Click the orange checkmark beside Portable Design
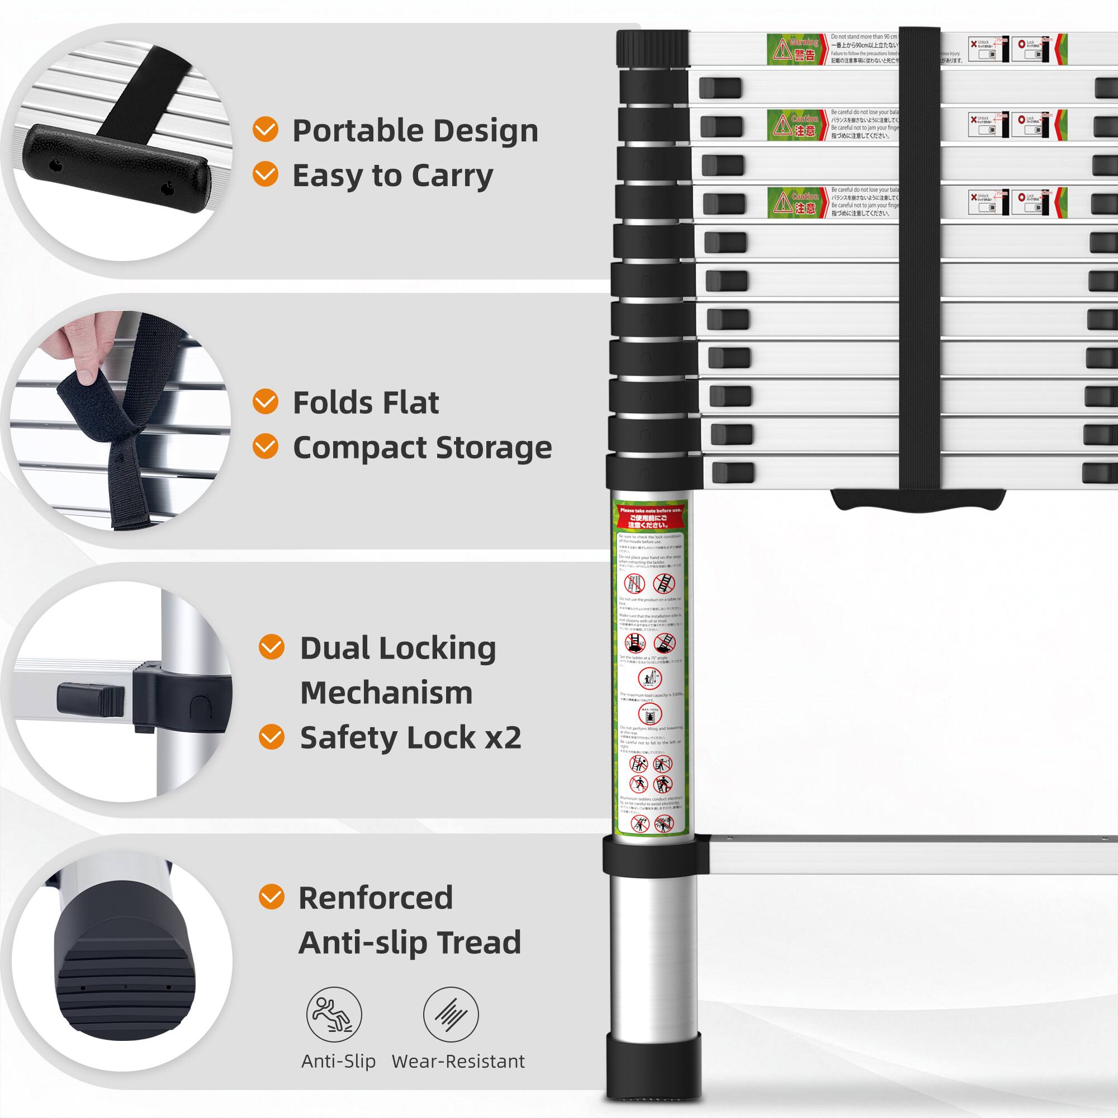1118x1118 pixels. [x=266, y=129]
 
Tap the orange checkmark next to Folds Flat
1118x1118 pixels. [x=266, y=401]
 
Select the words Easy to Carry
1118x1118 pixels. [x=393, y=176]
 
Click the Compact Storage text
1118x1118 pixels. [x=423, y=447]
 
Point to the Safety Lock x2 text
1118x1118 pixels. [x=410, y=737]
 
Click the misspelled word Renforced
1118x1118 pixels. [x=376, y=898]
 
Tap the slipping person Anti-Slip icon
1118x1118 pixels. [x=334, y=1015]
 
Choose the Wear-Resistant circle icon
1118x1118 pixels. [x=451, y=1015]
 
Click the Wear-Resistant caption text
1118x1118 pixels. [x=458, y=1062]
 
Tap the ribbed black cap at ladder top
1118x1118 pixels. [x=652, y=49]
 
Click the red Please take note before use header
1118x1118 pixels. [x=651, y=517]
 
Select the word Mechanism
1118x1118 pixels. [x=386, y=693]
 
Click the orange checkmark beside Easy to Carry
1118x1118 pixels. [x=266, y=174]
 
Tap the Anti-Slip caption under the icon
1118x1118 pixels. [x=339, y=1062]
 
